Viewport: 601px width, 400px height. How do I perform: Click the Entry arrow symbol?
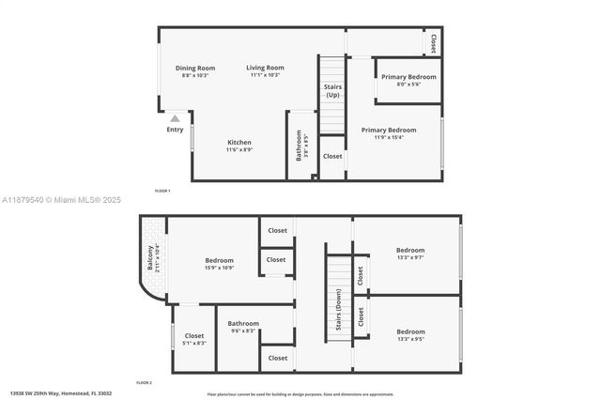(x=175, y=118)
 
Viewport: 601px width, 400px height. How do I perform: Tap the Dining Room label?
(x=195, y=68)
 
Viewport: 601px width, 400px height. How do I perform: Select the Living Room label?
(x=266, y=68)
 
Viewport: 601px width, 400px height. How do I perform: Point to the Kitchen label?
(x=239, y=142)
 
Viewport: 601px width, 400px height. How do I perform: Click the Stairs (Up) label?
(x=333, y=90)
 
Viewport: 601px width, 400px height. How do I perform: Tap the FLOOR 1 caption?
(x=162, y=191)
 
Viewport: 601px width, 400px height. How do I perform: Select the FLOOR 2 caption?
(x=144, y=383)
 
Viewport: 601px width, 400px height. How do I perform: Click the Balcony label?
(x=149, y=258)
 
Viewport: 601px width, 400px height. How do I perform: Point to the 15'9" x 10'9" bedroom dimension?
(x=220, y=268)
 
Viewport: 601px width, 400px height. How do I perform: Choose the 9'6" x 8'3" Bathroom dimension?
(x=243, y=331)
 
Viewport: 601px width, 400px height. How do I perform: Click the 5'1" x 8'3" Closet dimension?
(x=194, y=343)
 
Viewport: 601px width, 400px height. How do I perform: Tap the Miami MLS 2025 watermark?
(x=62, y=200)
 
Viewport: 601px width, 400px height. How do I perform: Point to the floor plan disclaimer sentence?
(x=300, y=394)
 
